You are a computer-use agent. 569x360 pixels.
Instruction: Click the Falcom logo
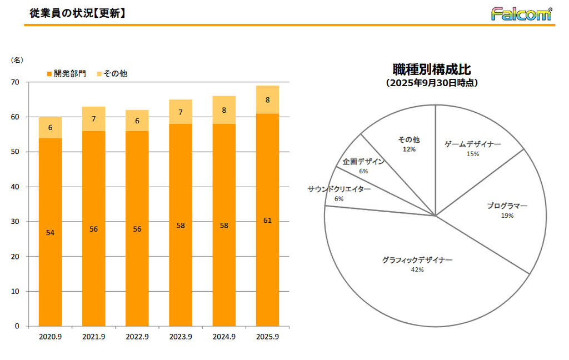pos(521,13)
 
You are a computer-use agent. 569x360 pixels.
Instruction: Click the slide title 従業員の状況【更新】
pos(77,13)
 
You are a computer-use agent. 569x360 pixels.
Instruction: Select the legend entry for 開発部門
pos(66,73)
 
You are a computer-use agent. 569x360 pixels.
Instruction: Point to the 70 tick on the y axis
pos(15,82)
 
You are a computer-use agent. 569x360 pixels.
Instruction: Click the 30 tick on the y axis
pos(15,222)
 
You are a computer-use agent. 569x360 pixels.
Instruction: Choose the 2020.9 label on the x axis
pos(50,337)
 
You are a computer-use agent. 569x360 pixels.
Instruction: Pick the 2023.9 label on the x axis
pos(181,337)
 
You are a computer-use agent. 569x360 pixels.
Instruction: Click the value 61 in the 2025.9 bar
pos(267,221)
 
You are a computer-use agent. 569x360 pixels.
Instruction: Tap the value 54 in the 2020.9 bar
pos(50,233)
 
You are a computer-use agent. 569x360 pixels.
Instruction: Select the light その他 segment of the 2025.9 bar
pos(267,100)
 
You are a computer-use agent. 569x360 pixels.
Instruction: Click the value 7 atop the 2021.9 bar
pos(93,119)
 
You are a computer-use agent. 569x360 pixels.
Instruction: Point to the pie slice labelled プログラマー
pos(507,206)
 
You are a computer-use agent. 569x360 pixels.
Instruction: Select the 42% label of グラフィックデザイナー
pos(417,270)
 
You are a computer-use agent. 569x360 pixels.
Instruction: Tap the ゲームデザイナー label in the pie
pos(473,144)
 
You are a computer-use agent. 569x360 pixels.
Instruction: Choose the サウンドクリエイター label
pos(339,189)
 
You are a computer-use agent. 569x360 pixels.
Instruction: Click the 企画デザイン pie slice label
pos(363,162)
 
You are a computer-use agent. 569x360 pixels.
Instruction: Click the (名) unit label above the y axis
pos(17,59)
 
